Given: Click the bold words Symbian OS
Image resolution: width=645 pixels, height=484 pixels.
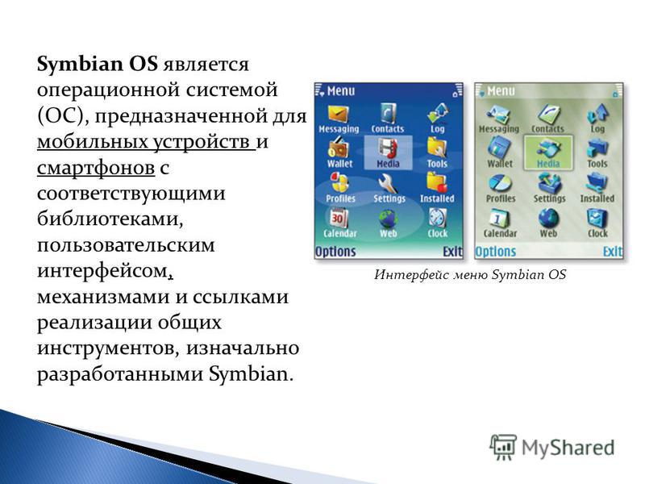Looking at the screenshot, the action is [x=97, y=65].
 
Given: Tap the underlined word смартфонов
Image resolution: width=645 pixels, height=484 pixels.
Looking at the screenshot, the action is [x=96, y=168].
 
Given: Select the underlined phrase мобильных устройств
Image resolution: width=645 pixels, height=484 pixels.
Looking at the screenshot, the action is [x=145, y=142].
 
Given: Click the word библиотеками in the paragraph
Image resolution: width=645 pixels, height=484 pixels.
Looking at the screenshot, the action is [x=110, y=219].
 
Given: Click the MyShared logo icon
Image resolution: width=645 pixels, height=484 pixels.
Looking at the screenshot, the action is [x=503, y=447].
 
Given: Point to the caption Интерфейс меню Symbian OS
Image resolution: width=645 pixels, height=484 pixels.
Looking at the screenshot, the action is [x=470, y=274].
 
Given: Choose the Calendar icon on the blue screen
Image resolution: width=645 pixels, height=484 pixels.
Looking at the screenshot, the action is [x=339, y=218].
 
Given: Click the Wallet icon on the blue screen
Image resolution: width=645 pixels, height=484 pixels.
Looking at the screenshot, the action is [x=338, y=148].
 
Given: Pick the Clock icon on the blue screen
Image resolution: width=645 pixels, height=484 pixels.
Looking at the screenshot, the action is [x=437, y=218].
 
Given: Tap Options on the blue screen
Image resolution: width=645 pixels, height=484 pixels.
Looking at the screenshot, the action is [x=335, y=251].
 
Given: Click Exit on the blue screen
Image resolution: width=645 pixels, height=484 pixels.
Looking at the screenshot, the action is [x=452, y=251].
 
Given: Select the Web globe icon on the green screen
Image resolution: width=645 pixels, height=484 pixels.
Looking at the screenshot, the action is [x=548, y=218].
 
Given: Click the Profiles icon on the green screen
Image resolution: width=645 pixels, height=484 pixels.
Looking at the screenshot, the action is [x=500, y=183].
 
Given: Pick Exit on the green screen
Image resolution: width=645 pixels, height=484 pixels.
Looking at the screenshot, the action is [x=613, y=251].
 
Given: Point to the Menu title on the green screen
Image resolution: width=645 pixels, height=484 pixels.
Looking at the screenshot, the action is [x=501, y=90].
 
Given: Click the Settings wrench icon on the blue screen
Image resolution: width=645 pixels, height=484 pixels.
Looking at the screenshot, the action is [x=388, y=183].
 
